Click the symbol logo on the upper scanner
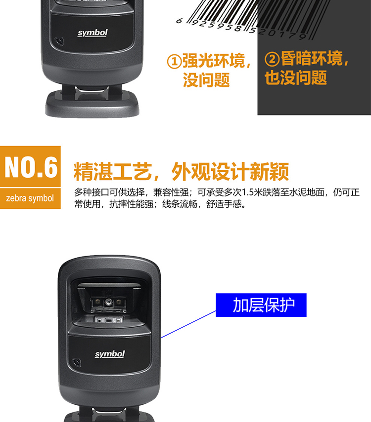pyautogui.click(x=93, y=33)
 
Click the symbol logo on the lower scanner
pyautogui.click(x=110, y=354)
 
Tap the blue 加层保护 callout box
pyautogui.click(x=261, y=305)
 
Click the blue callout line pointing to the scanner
pyautogui.click(x=188, y=324)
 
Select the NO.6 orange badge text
pyautogui.click(x=31, y=167)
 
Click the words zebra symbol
pyautogui.click(x=30, y=198)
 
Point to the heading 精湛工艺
pyautogui.click(x=113, y=171)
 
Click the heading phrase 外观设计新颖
pyautogui.click(x=230, y=171)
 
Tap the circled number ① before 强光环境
pyautogui.click(x=174, y=61)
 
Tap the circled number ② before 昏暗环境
pyautogui.click(x=272, y=59)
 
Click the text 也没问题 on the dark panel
pyautogui.click(x=296, y=78)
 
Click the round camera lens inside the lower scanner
pyautogui.click(x=108, y=302)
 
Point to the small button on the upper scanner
pyautogui.click(x=59, y=41)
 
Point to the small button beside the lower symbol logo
pyautogui.click(x=76, y=362)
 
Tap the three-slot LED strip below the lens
pyautogui.click(x=108, y=320)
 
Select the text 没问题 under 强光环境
pyautogui.click(x=206, y=80)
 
